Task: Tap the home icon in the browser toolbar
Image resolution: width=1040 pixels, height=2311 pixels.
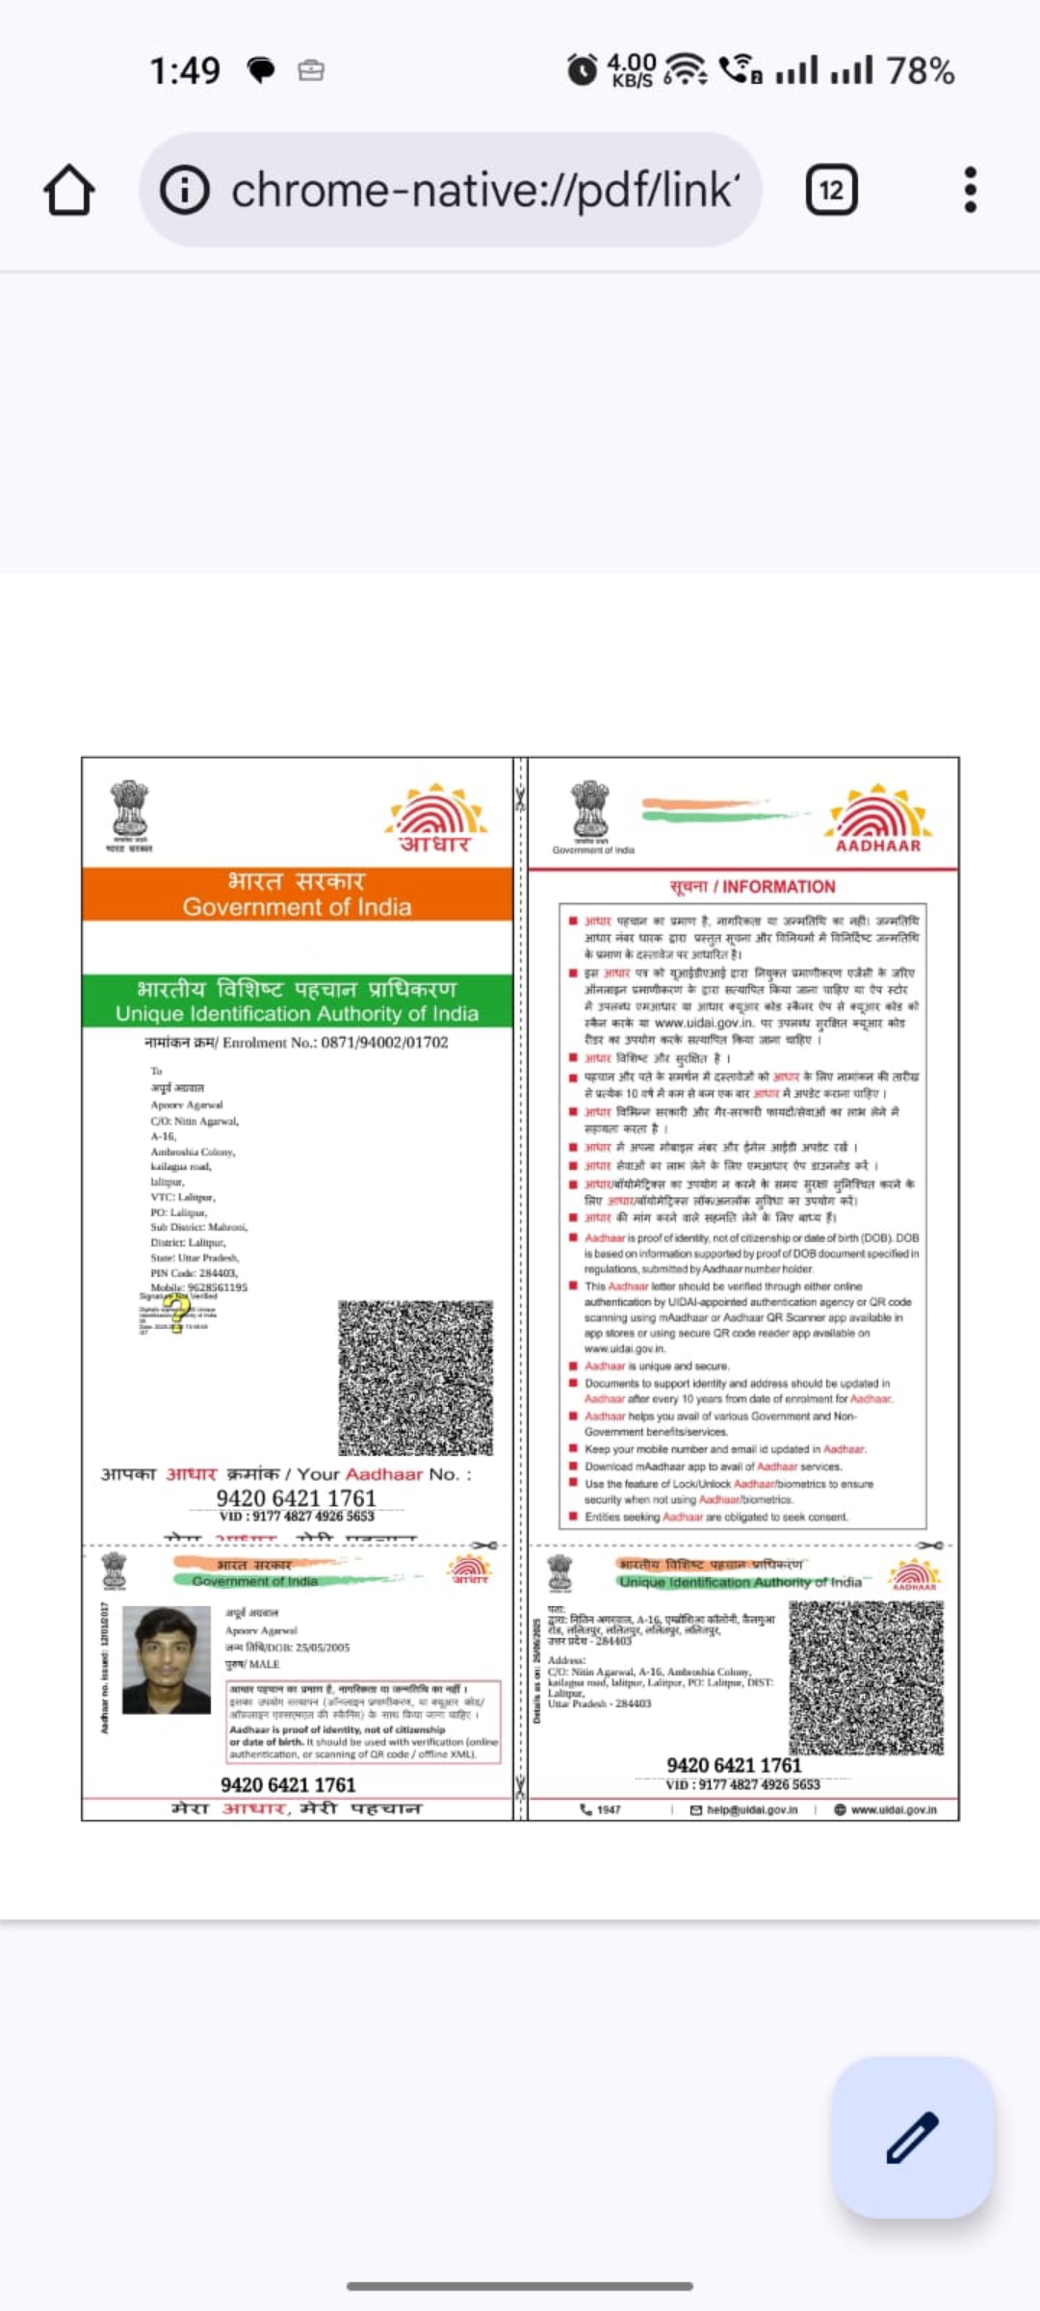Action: point(69,190)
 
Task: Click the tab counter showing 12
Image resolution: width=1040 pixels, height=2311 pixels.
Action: point(831,190)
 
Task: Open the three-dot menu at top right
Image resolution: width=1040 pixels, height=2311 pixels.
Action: point(970,190)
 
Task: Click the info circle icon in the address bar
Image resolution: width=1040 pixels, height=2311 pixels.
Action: point(184,190)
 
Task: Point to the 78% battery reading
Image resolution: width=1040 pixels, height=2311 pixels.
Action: point(920,70)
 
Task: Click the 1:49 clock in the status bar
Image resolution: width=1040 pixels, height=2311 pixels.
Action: point(185,70)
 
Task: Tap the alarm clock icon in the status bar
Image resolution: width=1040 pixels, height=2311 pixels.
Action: point(582,70)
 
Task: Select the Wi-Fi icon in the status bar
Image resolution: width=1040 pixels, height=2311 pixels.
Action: point(686,69)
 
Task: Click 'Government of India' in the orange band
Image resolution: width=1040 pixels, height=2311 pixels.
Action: point(297,907)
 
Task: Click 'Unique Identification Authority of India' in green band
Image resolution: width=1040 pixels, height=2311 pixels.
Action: point(297,1014)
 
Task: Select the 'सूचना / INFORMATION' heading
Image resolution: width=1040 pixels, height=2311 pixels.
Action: point(752,887)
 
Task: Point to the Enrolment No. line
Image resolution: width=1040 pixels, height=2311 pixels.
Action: point(296,1043)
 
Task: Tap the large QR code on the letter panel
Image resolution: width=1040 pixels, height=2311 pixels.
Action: point(415,1378)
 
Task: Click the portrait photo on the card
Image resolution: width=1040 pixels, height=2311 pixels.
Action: point(167,1659)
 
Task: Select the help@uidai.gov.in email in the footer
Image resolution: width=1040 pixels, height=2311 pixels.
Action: point(751,1810)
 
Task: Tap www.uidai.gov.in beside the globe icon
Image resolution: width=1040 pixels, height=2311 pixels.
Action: point(893,1810)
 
